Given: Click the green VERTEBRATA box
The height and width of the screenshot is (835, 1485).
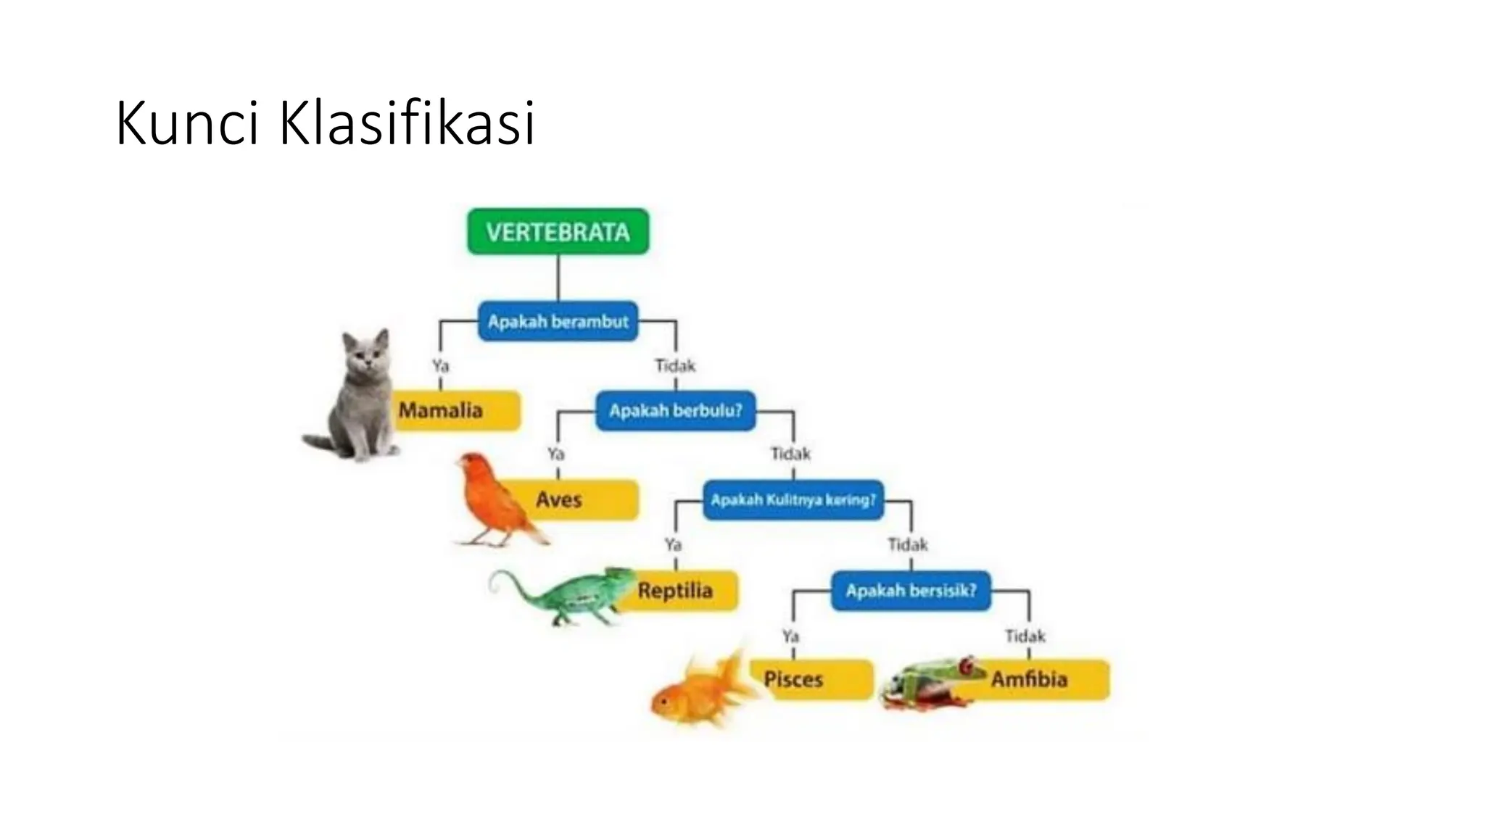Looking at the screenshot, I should pos(558,232).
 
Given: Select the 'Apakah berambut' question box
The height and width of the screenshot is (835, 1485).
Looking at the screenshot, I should pos(558,321).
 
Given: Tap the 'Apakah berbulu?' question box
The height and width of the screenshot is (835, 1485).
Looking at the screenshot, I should pos(675,410).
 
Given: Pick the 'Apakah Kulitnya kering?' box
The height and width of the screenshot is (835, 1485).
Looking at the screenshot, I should pos(793,499).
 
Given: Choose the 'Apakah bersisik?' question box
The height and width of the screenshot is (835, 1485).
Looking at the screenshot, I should pos(911,590).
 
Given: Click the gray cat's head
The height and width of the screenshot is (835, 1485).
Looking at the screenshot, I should pos(367,352).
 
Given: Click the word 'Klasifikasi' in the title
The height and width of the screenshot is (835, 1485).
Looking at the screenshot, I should pos(407,123).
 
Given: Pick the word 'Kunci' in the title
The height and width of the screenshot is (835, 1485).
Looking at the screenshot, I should pos(187,123).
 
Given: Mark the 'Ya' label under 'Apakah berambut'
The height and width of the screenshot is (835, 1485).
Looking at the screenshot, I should pos(440,365).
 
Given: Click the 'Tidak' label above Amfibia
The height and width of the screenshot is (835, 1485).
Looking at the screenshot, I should pos(1025,636).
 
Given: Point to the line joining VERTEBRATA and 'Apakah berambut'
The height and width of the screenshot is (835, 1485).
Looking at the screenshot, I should pos(558,278).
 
